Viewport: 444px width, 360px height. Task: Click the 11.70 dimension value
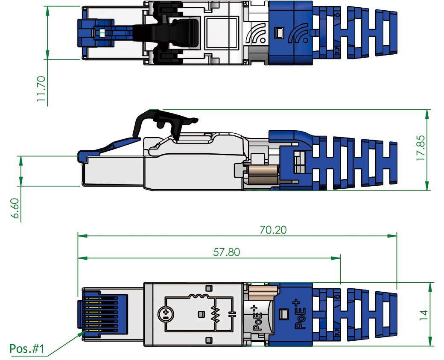(41, 88)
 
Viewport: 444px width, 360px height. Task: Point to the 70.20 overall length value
(273, 230)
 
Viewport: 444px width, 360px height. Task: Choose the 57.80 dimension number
(226, 252)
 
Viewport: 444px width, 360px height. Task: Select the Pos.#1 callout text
(26, 349)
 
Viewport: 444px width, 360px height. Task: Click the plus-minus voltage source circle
(165, 315)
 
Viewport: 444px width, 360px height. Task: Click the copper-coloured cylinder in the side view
(261, 173)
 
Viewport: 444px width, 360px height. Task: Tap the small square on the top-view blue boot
(280, 32)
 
